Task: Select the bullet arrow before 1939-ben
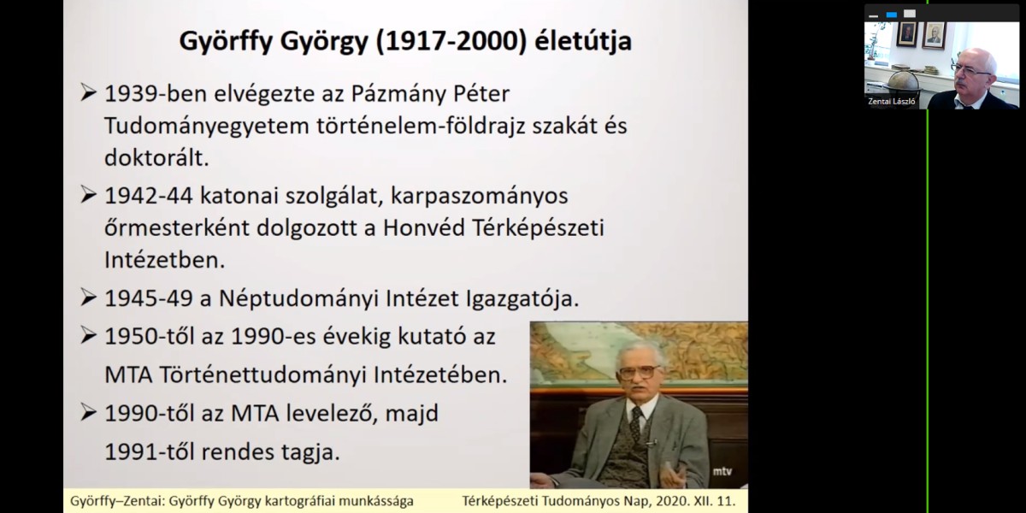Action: point(88,93)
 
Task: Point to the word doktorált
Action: point(156,158)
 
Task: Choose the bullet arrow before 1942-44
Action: point(88,195)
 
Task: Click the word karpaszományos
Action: point(479,197)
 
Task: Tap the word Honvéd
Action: point(424,227)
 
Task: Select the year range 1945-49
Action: point(149,298)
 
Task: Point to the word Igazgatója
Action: point(522,299)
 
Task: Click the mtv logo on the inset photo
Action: point(722,471)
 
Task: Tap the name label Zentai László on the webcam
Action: point(891,101)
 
